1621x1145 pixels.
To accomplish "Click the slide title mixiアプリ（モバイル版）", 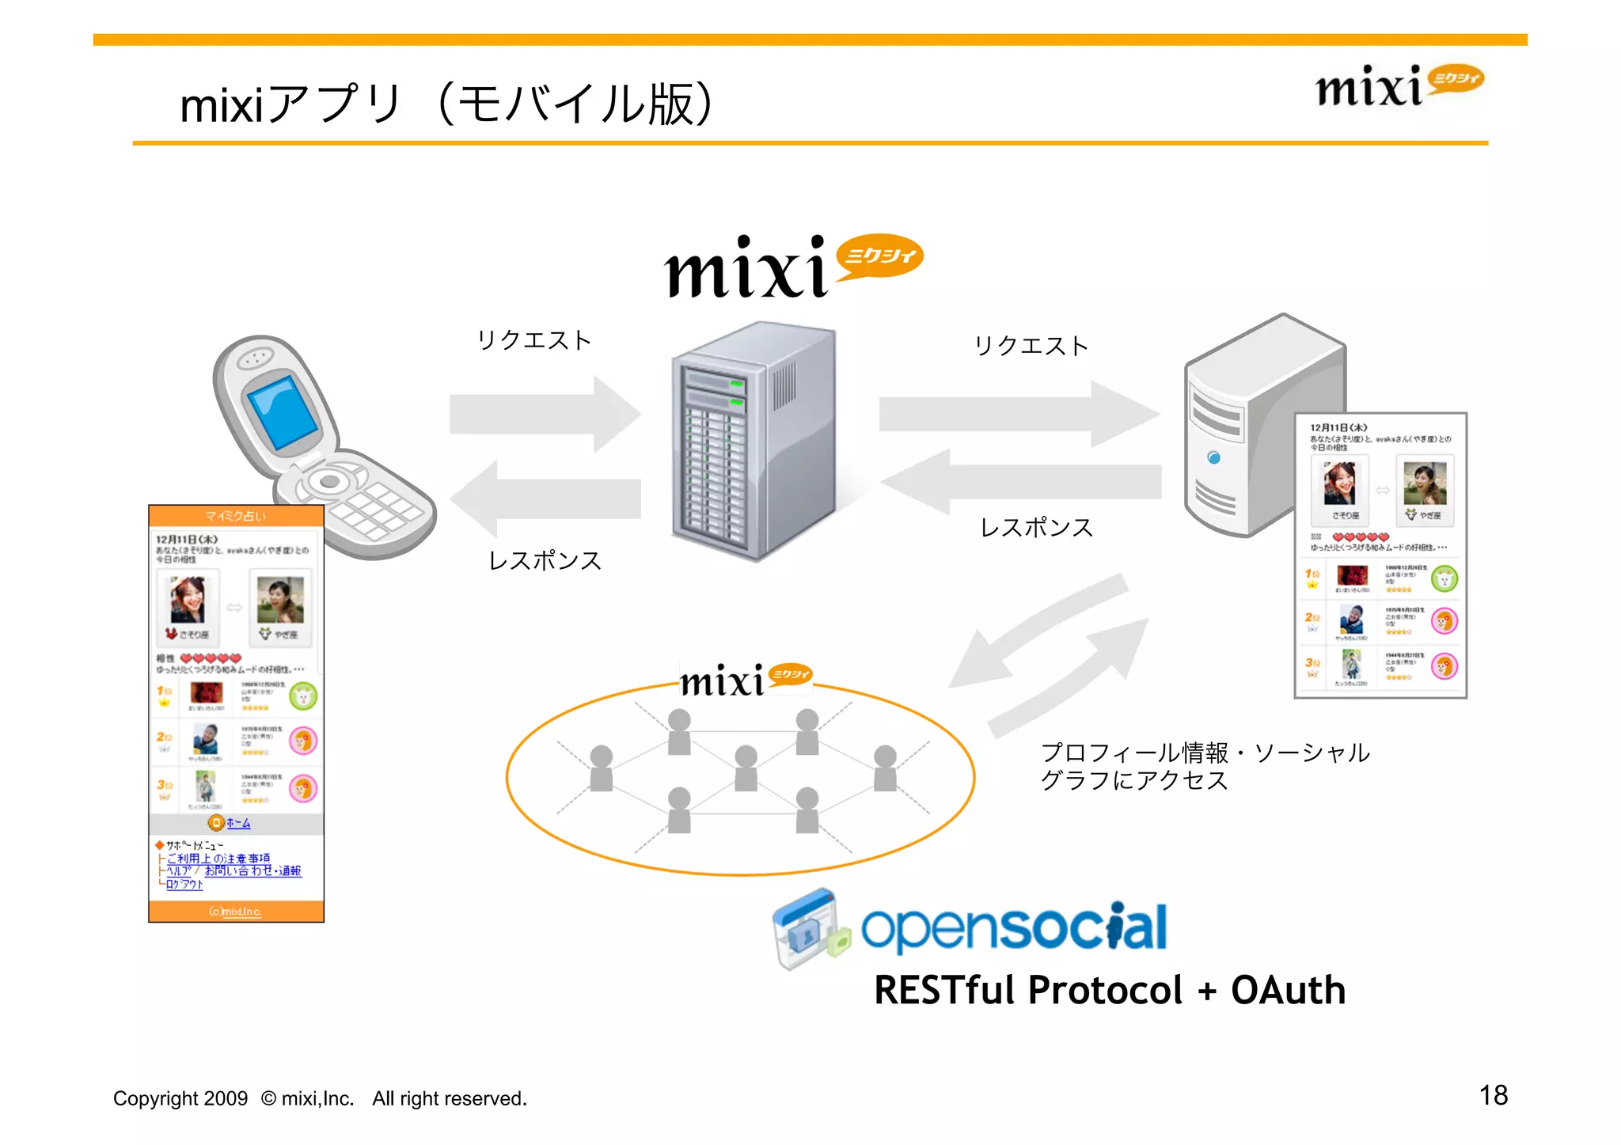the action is tap(447, 104).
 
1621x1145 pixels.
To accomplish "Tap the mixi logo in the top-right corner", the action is tap(1399, 85).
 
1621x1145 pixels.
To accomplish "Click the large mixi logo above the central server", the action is tap(792, 267).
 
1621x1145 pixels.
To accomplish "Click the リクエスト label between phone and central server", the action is tap(534, 340).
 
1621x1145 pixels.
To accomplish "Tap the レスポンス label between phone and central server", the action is tap(545, 560).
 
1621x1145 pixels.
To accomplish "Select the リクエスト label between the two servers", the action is tap(1031, 346).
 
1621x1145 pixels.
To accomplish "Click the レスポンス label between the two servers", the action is tap(1036, 528).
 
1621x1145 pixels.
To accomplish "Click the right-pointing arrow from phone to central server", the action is tap(545, 414).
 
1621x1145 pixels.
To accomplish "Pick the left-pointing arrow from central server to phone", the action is tap(545, 499).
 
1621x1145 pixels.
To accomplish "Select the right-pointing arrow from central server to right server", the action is tap(1019, 414).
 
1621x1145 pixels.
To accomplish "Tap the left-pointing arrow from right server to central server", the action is tap(1020, 480).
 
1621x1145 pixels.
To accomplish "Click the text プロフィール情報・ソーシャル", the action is tap(1205, 753).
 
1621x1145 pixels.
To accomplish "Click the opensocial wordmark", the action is tap(1014, 927).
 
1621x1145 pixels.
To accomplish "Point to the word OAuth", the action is tap(1288, 990).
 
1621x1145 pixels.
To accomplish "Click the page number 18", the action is tap(1493, 1095).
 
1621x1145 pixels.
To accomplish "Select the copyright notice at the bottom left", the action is tap(320, 1098).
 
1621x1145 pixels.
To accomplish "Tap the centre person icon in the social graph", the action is tap(746, 768).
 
